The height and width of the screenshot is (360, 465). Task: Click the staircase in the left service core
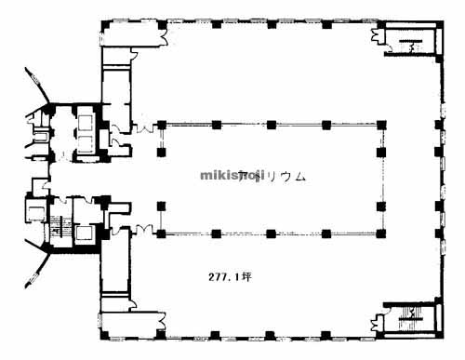coord(61,226)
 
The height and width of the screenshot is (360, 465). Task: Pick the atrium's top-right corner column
coord(379,124)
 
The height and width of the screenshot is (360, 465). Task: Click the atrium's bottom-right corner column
coord(379,233)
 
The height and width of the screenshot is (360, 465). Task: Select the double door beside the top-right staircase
coord(379,37)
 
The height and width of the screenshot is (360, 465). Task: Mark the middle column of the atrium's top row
coord(271,124)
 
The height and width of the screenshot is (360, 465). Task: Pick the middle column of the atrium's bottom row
coord(271,233)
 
